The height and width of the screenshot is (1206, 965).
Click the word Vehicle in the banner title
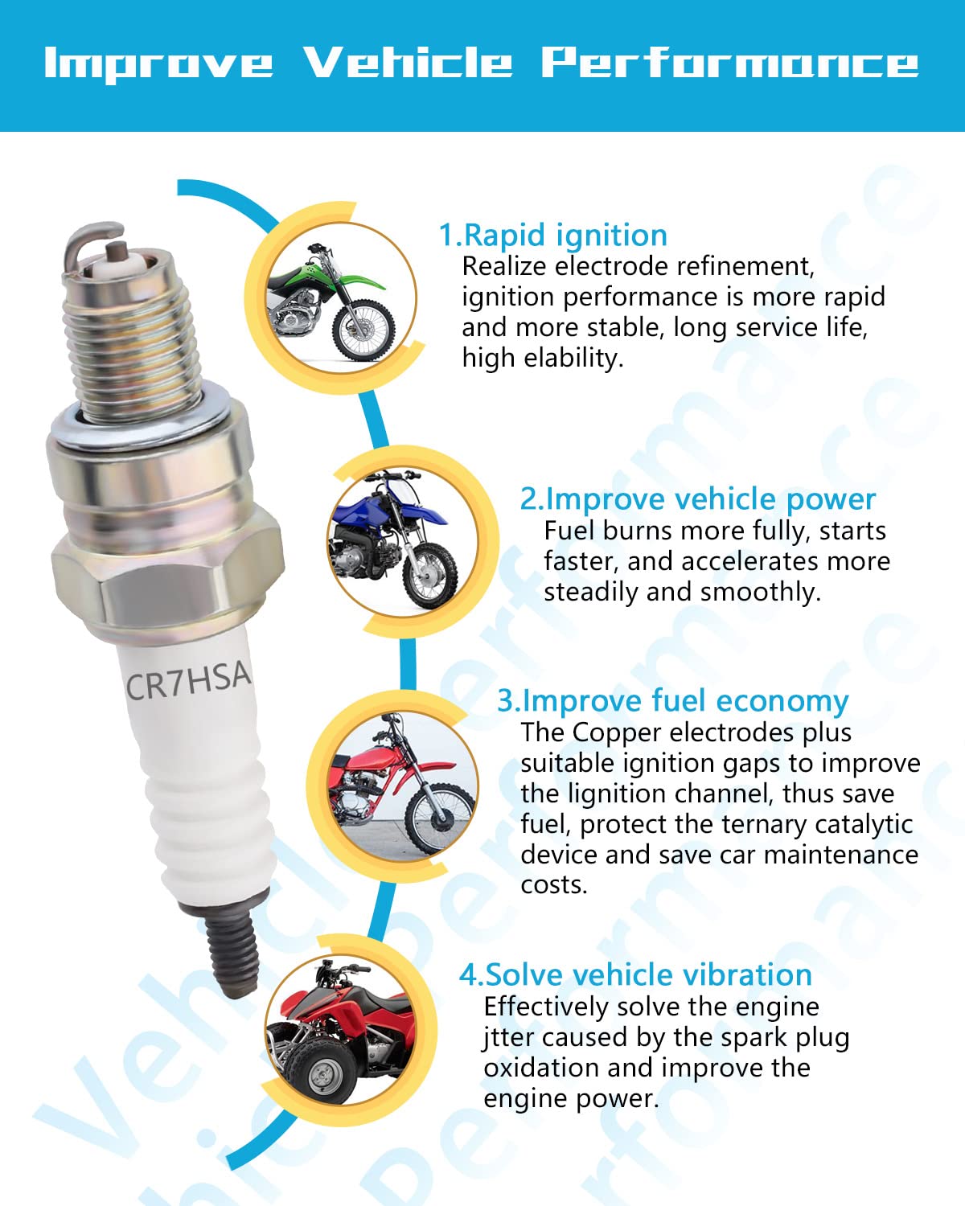click(408, 63)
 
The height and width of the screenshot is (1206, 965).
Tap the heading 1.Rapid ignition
click(552, 235)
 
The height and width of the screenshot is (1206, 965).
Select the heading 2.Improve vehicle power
click(697, 499)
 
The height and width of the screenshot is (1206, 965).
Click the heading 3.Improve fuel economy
click(672, 700)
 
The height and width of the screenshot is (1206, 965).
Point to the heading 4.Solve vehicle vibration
click(635, 974)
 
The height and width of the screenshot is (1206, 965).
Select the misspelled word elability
click(573, 359)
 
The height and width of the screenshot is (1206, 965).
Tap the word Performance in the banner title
click(729, 63)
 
